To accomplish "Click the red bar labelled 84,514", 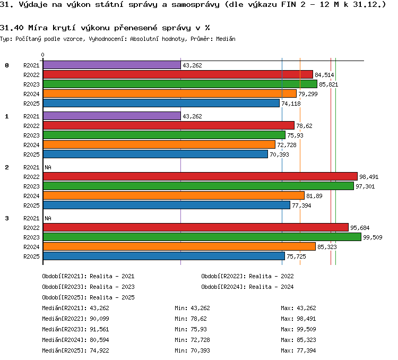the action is click(x=178, y=74).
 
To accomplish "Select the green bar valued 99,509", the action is click(x=202, y=237).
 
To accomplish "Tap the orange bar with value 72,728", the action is click(x=159, y=144).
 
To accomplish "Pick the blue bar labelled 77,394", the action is click(x=167, y=205).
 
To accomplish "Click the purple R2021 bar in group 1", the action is click(x=112, y=116).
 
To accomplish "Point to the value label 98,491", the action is click(x=369, y=177).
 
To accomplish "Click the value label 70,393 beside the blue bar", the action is click(x=279, y=155).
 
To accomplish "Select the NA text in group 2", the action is click(x=48, y=167).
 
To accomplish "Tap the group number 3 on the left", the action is click(x=7, y=218).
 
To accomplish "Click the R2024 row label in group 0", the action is click(x=31, y=94).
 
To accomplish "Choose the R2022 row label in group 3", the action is click(x=31, y=228).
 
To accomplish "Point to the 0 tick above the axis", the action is click(x=42, y=55).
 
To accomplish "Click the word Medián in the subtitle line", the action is click(x=226, y=39).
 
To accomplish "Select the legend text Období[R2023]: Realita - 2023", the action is click(x=88, y=287).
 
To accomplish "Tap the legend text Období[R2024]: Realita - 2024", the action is click(x=247, y=287).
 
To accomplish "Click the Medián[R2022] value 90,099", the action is click(x=99, y=319).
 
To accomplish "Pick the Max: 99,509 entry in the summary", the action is click(x=298, y=329).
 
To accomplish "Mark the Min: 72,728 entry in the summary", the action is click(x=192, y=340).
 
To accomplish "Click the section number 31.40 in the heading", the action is click(x=12, y=28).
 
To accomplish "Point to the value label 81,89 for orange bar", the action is click(x=314, y=196).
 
